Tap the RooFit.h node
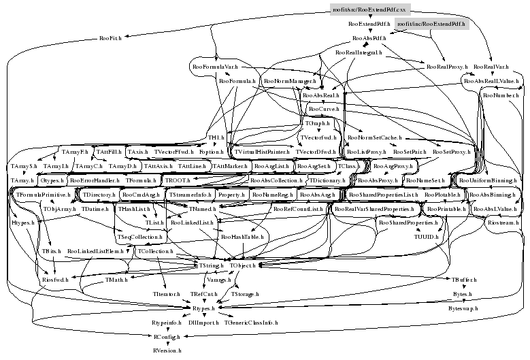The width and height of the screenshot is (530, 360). (110, 38)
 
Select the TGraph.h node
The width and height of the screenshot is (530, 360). (316, 124)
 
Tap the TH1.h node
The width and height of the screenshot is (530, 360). (216, 137)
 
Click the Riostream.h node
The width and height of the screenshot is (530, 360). (504, 223)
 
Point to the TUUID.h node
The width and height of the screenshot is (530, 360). (427, 237)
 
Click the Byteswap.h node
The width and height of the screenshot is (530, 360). (463, 308)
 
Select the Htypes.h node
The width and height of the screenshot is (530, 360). (22, 223)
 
